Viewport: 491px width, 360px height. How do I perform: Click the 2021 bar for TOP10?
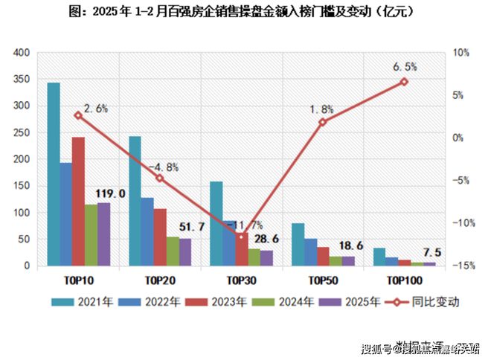54,174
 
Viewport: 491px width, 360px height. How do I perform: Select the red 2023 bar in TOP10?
78,201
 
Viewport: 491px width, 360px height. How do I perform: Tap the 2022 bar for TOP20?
147,231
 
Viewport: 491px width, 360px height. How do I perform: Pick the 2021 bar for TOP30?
216,223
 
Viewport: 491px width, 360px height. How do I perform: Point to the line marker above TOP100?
404,82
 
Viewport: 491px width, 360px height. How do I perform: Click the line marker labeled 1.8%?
322,122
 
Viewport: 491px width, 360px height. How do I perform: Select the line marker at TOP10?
78,115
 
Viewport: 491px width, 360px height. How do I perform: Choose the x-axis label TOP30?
240,280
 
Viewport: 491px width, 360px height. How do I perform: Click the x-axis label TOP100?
404,280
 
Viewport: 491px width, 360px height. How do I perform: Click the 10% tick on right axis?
460,53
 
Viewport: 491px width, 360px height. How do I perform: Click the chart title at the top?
245,12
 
